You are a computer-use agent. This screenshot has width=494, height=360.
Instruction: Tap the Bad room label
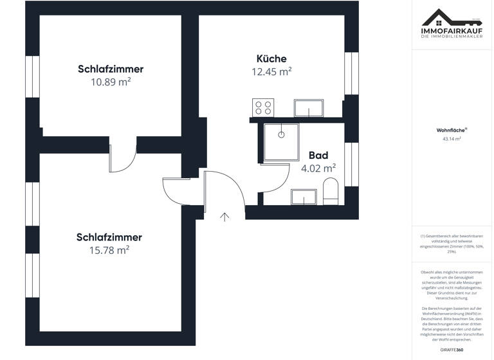coord(318,156)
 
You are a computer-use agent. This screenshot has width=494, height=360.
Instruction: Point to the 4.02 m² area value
coord(318,168)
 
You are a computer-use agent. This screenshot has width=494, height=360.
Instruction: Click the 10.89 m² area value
coord(111,82)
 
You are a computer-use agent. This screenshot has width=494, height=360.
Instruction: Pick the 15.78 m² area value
coord(109,251)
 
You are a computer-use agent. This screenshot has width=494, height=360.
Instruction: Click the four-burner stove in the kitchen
coord(263,107)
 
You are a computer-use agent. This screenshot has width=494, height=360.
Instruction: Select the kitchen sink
coord(310,108)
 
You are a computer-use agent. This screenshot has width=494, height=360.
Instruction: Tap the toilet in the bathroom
coord(331,192)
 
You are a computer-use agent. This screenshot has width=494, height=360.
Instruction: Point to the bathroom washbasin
coord(304,196)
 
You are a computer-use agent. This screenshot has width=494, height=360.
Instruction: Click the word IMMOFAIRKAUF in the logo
coord(443,30)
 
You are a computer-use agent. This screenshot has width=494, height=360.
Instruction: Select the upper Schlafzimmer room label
coord(111,69)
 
